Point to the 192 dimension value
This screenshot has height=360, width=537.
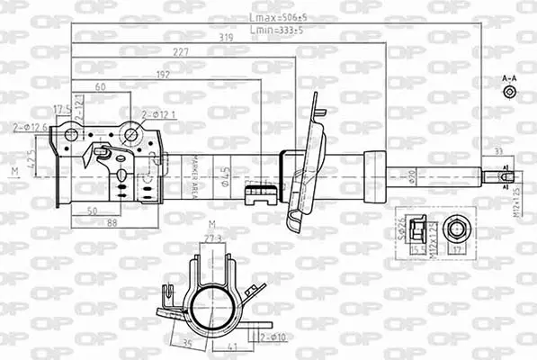pyautogui.click(x=163, y=76)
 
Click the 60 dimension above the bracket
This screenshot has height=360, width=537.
pyautogui.click(x=101, y=86)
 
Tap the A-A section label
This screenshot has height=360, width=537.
pyautogui.click(x=509, y=78)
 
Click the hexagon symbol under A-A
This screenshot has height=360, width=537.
pyautogui.click(x=509, y=92)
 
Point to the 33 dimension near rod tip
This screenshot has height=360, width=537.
pyautogui.click(x=497, y=151)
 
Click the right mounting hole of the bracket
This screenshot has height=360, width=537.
pyautogui.click(x=131, y=135)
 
